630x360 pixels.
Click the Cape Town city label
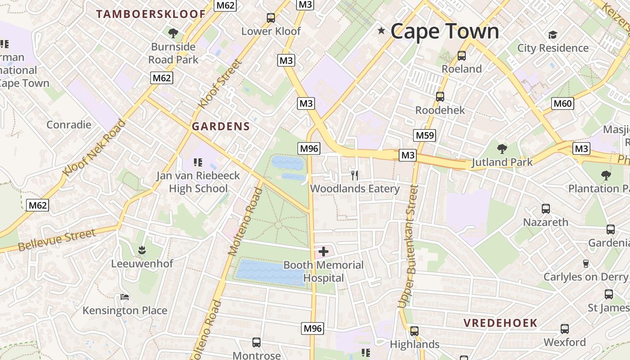click(445, 31)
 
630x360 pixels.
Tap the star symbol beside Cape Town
click(382, 31)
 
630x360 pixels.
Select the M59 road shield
click(424, 135)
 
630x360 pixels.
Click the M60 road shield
click(562, 104)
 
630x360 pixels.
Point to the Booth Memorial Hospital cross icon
click(323, 252)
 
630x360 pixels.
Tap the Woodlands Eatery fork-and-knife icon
click(355, 175)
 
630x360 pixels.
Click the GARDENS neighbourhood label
click(220, 126)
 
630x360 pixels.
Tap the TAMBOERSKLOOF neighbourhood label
click(151, 14)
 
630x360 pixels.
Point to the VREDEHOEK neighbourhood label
click(500, 323)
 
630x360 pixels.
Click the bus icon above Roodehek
click(440, 96)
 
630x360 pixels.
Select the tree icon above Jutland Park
click(502, 148)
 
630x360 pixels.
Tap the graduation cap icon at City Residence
click(553, 35)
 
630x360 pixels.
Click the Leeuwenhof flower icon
click(142, 250)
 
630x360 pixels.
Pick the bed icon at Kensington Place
click(125, 297)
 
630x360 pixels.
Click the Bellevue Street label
click(57, 240)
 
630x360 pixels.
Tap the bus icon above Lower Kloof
click(270, 18)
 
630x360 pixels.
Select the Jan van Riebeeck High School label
click(198, 182)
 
